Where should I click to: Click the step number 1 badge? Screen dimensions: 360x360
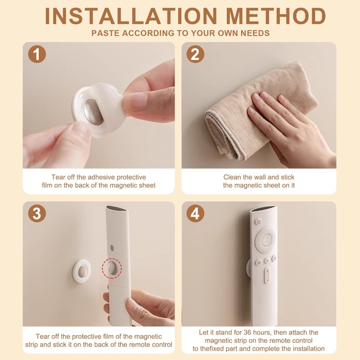(37, 54)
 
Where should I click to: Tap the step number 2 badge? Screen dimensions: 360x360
(195, 54)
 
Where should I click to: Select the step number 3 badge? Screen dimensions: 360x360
(37, 214)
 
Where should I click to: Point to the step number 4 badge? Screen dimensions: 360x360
(195, 214)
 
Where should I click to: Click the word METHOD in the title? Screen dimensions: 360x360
(275, 16)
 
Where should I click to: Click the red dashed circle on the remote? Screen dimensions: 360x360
(111, 269)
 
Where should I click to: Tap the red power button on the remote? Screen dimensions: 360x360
(258, 221)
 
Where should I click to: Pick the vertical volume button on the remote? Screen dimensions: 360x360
(267, 275)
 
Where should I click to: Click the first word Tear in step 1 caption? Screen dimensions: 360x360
(59, 177)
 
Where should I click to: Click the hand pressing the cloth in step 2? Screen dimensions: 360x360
(288, 126)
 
